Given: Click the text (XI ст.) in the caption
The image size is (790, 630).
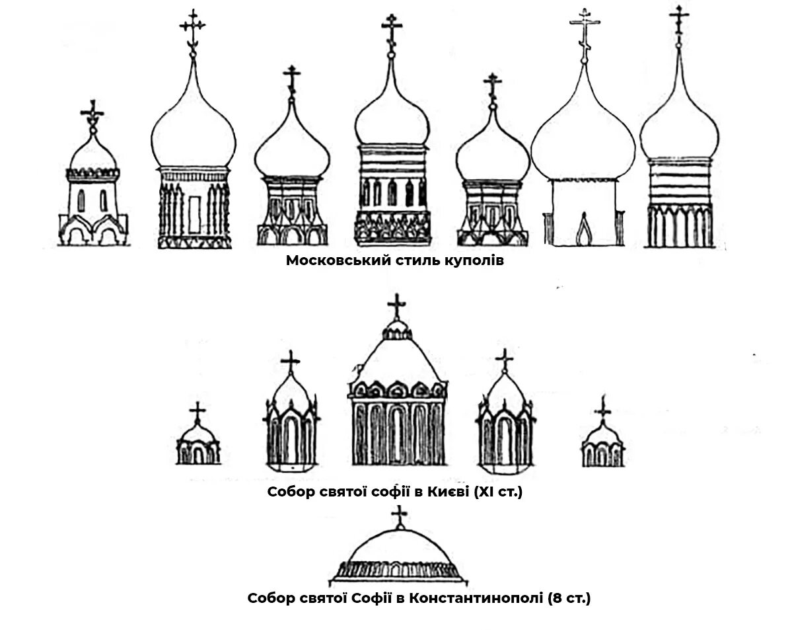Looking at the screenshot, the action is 498,492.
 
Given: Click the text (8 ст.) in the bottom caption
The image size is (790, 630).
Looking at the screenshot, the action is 569,599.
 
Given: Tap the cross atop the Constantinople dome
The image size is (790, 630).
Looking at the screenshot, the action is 399,516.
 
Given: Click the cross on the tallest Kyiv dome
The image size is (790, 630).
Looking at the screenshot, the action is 396,305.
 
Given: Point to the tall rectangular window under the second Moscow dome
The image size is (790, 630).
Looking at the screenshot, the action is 194,215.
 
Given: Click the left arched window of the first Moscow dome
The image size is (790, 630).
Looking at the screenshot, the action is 81,200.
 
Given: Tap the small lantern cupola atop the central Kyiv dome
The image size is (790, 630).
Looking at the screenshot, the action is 396,331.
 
